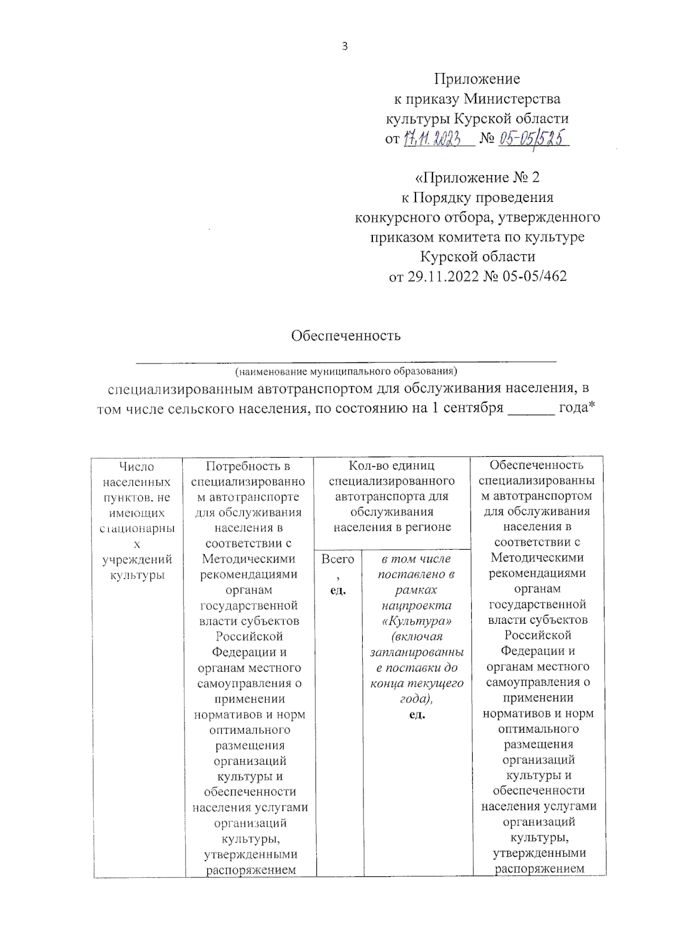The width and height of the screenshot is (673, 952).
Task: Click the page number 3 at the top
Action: pyautogui.click(x=344, y=47)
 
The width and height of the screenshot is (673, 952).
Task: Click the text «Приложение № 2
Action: pyautogui.click(x=477, y=178)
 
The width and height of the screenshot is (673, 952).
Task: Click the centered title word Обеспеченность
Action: pyautogui.click(x=345, y=335)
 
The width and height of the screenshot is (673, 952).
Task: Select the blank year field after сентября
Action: pyautogui.click(x=530, y=408)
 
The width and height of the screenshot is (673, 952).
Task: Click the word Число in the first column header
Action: pyautogui.click(x=137, y=467)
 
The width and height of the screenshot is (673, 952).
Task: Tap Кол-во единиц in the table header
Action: pyautogui.click(x=391, y=466)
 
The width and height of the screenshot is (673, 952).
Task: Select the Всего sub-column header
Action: pyautogui.click(x=338, y=559)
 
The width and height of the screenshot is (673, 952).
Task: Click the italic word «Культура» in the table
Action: pyautogui.click(x=417, y=621)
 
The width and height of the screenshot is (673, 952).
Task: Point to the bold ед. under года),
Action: pyautogui.click(x=417, y=715)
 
